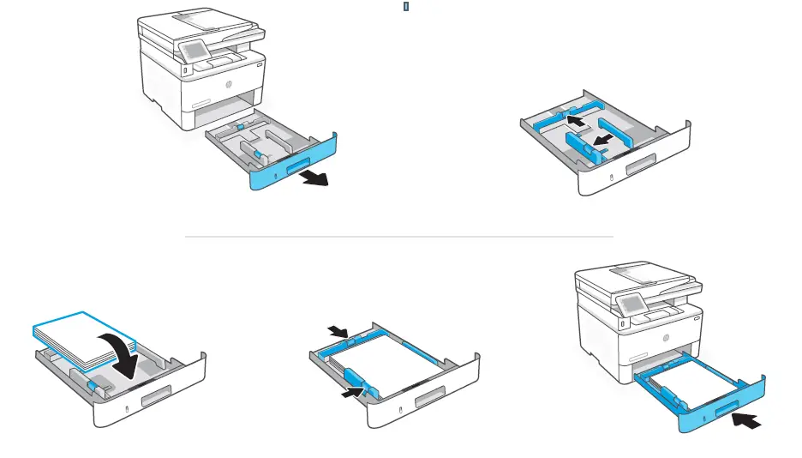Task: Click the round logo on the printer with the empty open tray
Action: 229,85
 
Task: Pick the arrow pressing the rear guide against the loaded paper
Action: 338,331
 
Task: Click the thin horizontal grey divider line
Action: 399,236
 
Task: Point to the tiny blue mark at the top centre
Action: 405,5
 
